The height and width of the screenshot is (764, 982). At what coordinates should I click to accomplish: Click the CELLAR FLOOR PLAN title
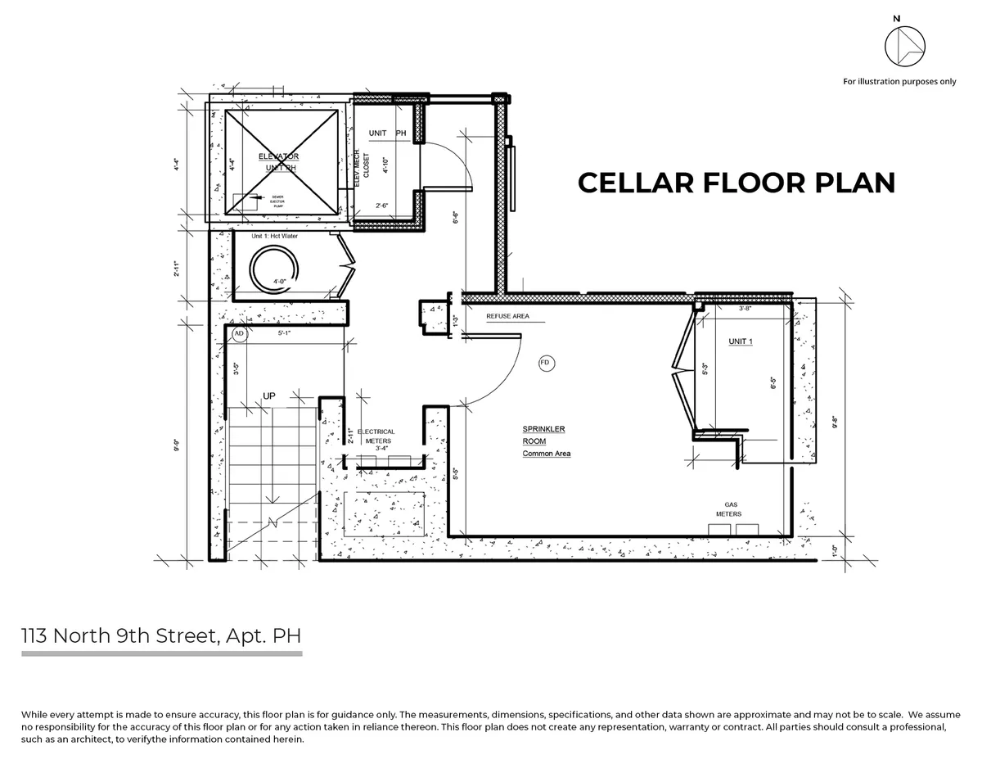(736, 183)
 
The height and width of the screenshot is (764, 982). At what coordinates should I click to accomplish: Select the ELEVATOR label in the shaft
(279, 156)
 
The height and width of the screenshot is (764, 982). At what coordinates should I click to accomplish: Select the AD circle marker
(239, 334)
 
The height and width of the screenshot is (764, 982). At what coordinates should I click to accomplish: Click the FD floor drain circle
(545, 362)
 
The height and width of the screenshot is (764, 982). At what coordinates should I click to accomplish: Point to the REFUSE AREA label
(507, 315)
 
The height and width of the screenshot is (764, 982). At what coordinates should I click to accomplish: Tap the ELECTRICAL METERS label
(378, 436)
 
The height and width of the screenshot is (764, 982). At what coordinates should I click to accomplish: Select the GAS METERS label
(727, 509)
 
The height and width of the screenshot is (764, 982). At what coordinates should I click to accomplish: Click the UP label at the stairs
(268, 396)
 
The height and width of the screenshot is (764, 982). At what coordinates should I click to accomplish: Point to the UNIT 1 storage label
(741, 341)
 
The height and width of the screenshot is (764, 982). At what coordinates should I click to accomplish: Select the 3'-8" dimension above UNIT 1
(745, 309)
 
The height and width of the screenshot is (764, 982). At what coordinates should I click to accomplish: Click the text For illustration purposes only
(899, 81)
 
